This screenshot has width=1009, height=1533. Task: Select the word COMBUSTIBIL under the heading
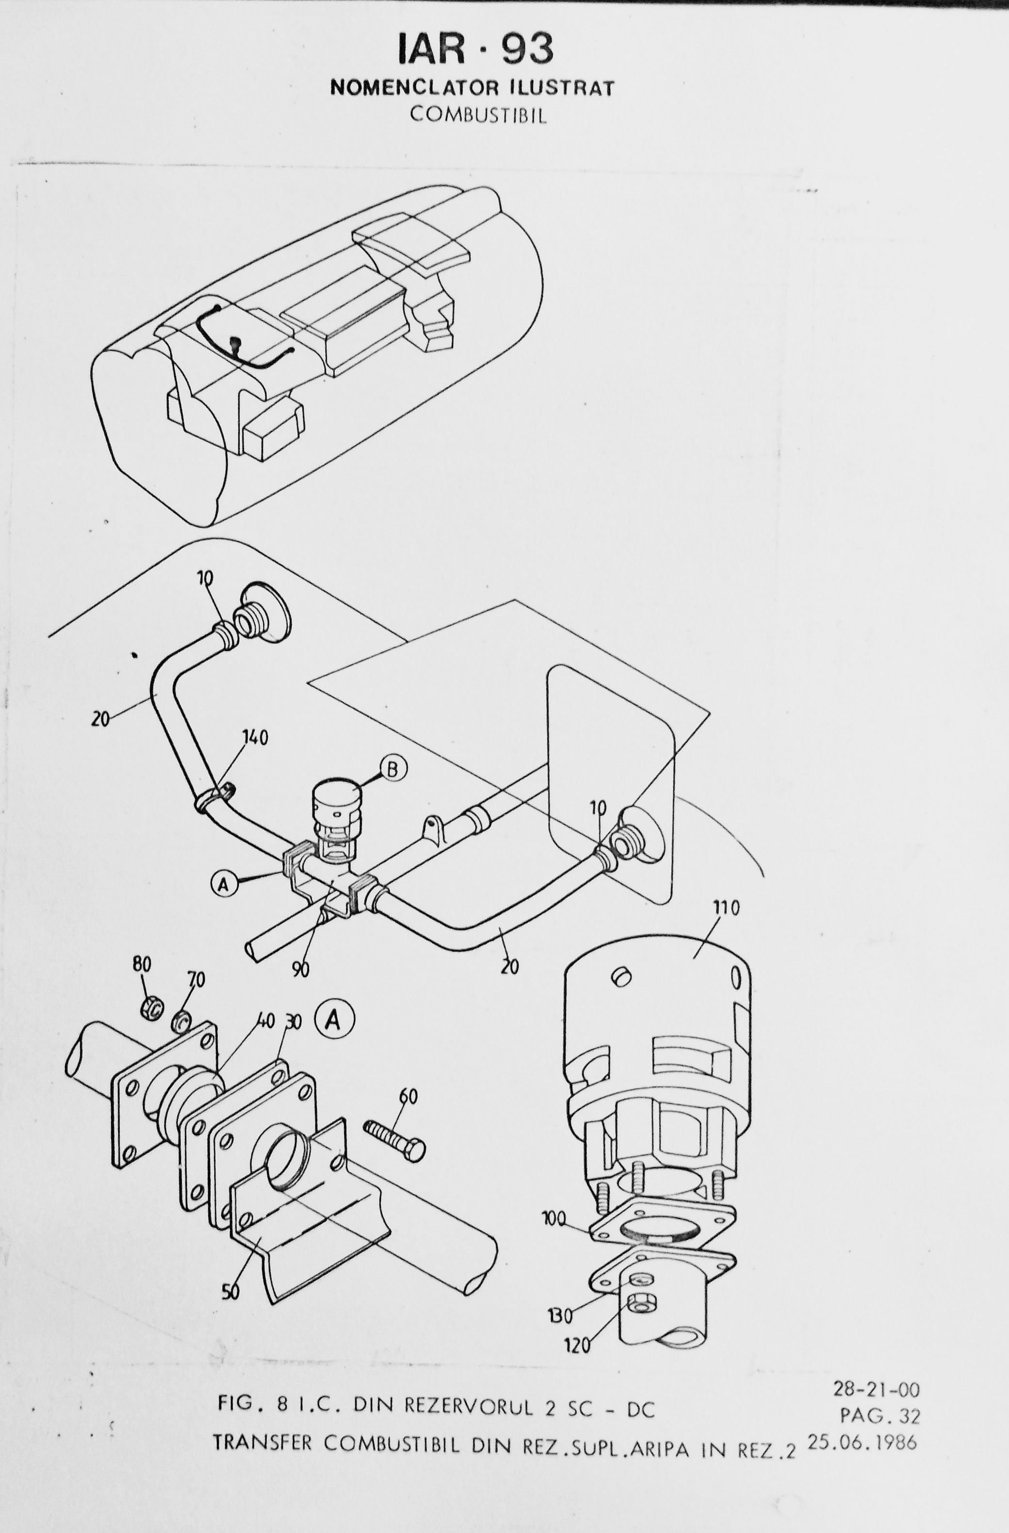point(478,115)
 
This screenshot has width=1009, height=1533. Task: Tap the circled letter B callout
point(393,769)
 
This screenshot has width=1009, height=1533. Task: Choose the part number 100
point(555,1215)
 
